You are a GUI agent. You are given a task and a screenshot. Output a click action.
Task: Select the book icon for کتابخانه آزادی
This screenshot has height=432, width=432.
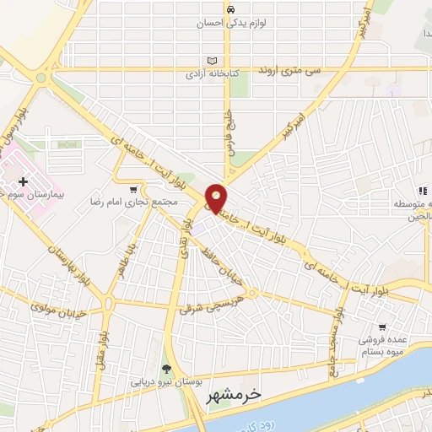tap(212, 61)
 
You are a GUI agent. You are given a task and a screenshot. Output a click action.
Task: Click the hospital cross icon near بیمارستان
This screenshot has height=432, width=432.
tap(22, 181)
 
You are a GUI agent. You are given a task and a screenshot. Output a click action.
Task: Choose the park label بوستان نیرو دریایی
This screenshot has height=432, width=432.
tap(165, 381)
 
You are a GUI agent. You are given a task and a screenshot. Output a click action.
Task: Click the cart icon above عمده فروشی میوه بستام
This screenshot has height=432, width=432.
tap(383, 327)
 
